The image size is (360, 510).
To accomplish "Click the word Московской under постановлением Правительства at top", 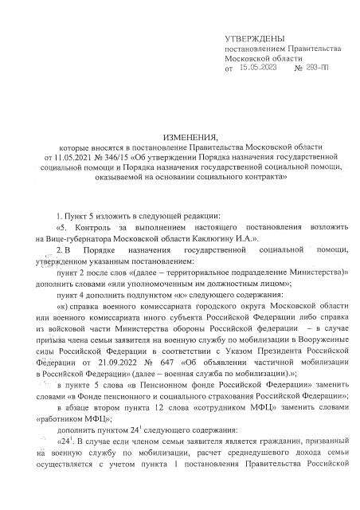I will click(248, 60).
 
